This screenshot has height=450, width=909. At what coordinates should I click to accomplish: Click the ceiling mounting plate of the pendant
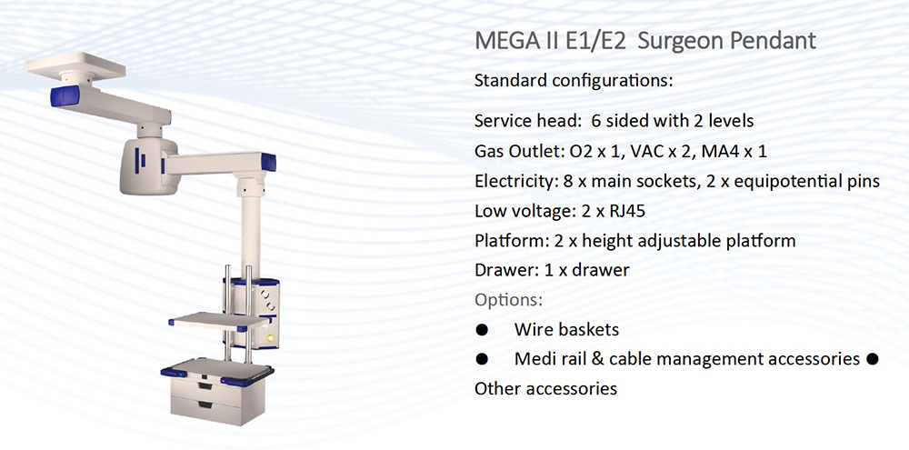[x=76, y=65]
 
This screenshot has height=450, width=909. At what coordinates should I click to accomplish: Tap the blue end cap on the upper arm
[x=65, y=95]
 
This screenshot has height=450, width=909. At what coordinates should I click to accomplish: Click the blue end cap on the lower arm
[x=268, y=162]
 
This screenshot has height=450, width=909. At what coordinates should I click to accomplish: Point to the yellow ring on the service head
[x=269, y=337]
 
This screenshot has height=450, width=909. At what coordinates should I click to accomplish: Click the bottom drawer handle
[x=204, y=405]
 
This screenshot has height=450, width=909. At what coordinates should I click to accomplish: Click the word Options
[x=508, y=300]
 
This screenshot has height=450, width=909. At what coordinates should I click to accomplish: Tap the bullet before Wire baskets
[x=482, y=330]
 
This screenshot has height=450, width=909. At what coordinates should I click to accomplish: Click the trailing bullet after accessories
[x=872, y=359]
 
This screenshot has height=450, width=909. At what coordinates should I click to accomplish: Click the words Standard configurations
[x=574, y=81]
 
